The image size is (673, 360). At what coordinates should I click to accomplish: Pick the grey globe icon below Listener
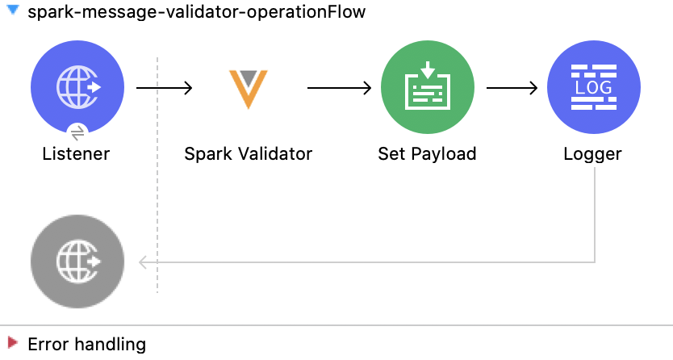point(77,262)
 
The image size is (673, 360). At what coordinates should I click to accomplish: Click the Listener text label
point(76,153)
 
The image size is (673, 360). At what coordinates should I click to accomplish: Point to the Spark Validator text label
point(248,153)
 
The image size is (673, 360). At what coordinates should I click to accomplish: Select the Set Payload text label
point(427,153)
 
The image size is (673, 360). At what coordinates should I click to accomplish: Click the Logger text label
point(593,153)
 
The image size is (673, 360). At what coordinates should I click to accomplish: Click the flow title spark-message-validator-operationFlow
point(196,13)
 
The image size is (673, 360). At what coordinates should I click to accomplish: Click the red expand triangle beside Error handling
point(13,344)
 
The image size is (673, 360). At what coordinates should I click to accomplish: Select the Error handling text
point(87,344)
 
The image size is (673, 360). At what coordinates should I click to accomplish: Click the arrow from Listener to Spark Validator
point(165,87)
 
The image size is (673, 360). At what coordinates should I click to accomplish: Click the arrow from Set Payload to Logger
point(512,87)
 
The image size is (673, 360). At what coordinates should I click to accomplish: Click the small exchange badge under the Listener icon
point(77,132)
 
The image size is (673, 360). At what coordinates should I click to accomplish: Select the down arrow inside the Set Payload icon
point(427,70)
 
